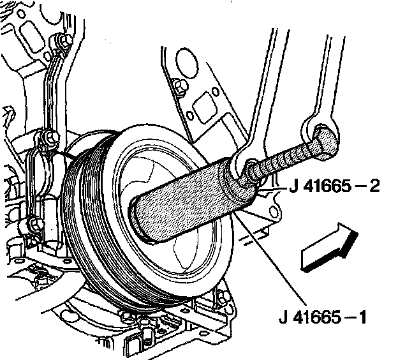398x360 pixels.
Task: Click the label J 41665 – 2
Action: tap(334, 186)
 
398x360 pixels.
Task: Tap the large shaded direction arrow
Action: tap(330, 248)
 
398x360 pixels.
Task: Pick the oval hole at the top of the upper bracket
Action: tap(186, 65)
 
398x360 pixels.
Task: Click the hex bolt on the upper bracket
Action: tap(180, 87)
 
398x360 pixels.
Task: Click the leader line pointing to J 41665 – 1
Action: tap(270, 259)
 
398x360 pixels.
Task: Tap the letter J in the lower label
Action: tap(284, 317)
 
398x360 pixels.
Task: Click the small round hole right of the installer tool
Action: tap(273, 211)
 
